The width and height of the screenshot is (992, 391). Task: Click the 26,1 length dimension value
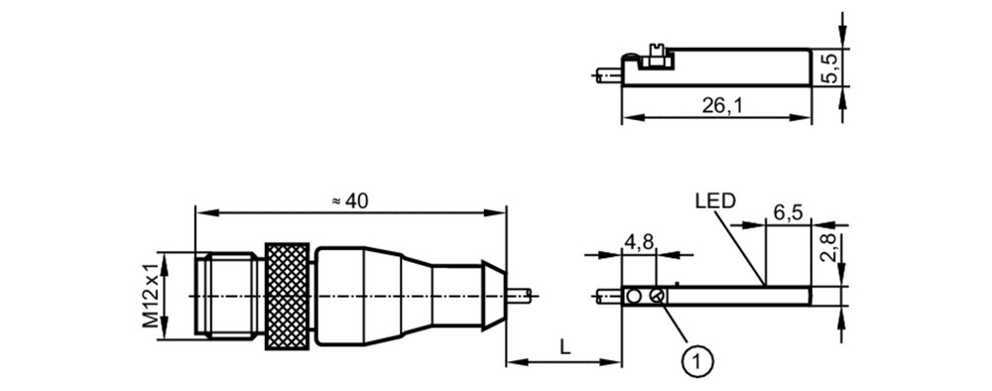click(722, 106)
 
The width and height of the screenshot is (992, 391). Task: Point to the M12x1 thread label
click(151, 296)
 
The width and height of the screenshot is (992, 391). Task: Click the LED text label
click(715, 201)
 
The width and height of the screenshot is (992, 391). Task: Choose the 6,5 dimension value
click(788, 212)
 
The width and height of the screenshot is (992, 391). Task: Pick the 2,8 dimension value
click(829, 247)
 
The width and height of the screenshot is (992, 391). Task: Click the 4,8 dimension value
click(640, 241)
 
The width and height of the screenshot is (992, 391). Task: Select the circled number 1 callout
click(697, 362)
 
